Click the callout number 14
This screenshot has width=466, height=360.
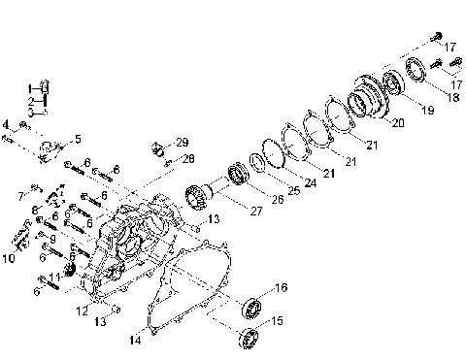click(134, 340)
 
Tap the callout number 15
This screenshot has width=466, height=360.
click(279, 320)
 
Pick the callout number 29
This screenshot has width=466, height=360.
click(182, 144)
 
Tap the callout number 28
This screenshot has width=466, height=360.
click(188, 158)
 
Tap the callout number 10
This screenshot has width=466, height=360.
click(9, 257)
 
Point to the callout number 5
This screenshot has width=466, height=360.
click(78, 140)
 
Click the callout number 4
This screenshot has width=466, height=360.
click(6, 124)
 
